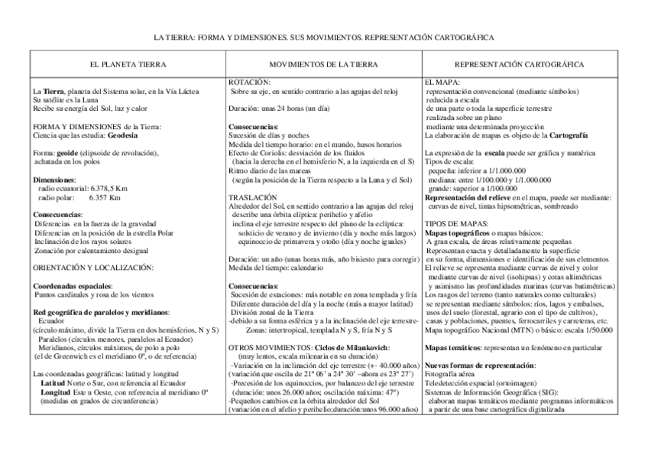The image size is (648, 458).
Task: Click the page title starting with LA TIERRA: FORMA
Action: click(x=324, y=36)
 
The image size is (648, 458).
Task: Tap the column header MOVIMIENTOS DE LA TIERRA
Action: click(x=324, y=65)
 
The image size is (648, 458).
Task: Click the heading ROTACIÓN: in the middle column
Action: click(x=250, y=83)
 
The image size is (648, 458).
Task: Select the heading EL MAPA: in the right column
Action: click(x=442, y=83)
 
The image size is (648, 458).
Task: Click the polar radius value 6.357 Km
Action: click(x=105, y=197)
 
